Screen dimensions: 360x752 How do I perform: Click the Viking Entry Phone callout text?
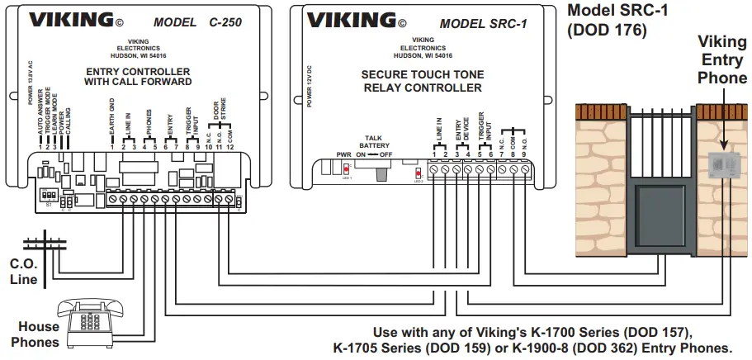(x=722, y=59)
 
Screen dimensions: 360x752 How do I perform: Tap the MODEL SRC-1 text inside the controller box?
(x=479, y=23)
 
